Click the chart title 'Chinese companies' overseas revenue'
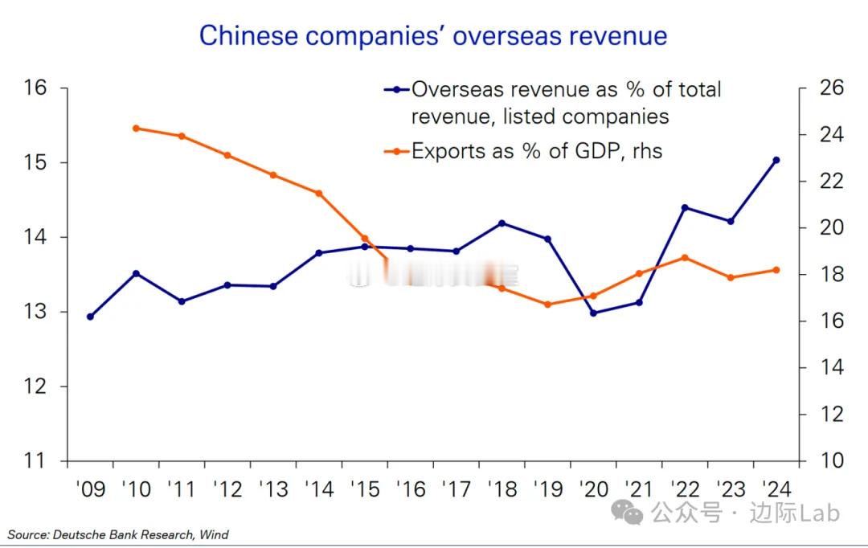tap(433, 35)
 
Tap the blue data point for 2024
tap(776, 160)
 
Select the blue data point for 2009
tap(90, 317)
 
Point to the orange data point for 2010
tap(136, 128)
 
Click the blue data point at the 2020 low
tap(594, 313)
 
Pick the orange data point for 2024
tap(776, 270)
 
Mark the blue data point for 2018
tap(502, 223)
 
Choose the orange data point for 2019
tap(548, 305)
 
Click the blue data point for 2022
tap(685, 207)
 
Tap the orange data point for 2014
tap(319, 193)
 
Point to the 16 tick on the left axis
tap(36, 88)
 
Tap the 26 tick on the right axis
tap(832, 88)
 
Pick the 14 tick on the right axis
tap(832, 368)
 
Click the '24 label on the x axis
tap(776, 489)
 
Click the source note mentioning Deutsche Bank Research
tap(118, 534)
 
